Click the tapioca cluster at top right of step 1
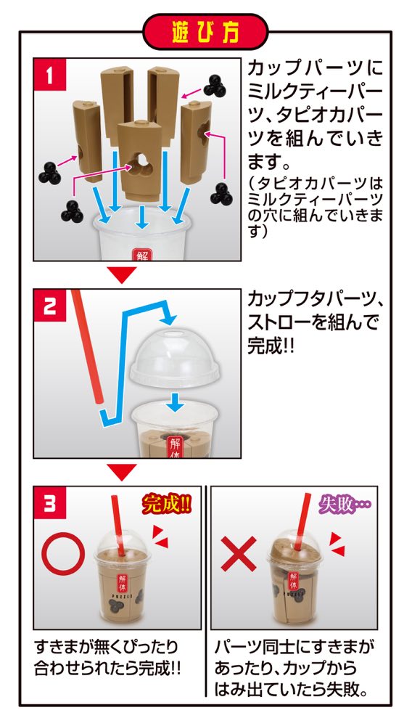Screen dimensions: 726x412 (215, 85)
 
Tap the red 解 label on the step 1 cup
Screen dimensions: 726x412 (141, 254)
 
